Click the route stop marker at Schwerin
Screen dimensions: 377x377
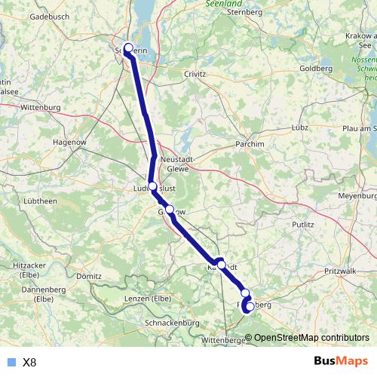[128, 48]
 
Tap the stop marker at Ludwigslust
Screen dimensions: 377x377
[152, 185]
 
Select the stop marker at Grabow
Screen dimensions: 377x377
[170, 210]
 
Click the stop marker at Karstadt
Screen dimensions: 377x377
[221, 264]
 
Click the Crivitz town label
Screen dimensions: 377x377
[199, 74]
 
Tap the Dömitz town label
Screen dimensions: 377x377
[88, 277]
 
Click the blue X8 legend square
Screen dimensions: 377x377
[11, 362]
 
